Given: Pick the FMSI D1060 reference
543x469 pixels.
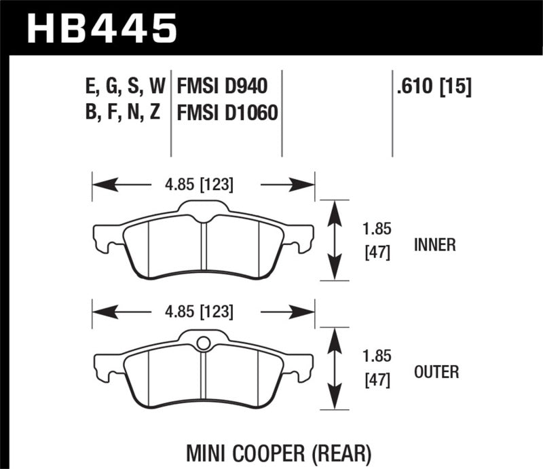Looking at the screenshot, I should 227,112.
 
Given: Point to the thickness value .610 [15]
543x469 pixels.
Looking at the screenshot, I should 432,86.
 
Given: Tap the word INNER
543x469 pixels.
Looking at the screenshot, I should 435,244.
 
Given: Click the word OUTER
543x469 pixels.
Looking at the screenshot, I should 436,372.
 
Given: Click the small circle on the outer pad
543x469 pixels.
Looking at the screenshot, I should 202,343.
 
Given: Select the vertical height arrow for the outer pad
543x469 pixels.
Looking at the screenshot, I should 333,367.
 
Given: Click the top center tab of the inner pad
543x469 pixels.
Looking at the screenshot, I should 202,207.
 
